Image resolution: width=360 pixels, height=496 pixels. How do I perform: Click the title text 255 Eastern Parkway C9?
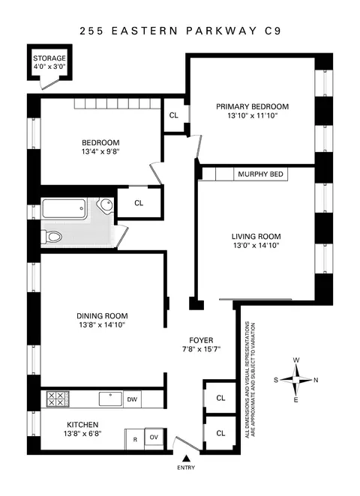[180, 32]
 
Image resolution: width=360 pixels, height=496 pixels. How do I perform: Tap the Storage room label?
[49, 58]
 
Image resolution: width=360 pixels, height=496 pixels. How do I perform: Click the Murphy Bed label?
[260, 175]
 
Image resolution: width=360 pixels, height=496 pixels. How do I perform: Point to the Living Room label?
[256, 236]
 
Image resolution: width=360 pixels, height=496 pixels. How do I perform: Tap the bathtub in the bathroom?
[71, 209]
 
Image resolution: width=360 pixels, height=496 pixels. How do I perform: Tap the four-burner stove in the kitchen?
[57, 399]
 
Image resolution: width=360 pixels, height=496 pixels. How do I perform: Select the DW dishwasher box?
[131, 399]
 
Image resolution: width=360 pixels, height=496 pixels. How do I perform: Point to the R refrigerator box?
[135, 439]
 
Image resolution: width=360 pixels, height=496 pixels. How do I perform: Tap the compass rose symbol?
[298, 378]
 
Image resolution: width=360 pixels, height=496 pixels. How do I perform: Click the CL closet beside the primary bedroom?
[174, 116]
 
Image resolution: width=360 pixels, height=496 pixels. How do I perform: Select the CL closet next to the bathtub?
[139, 203]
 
